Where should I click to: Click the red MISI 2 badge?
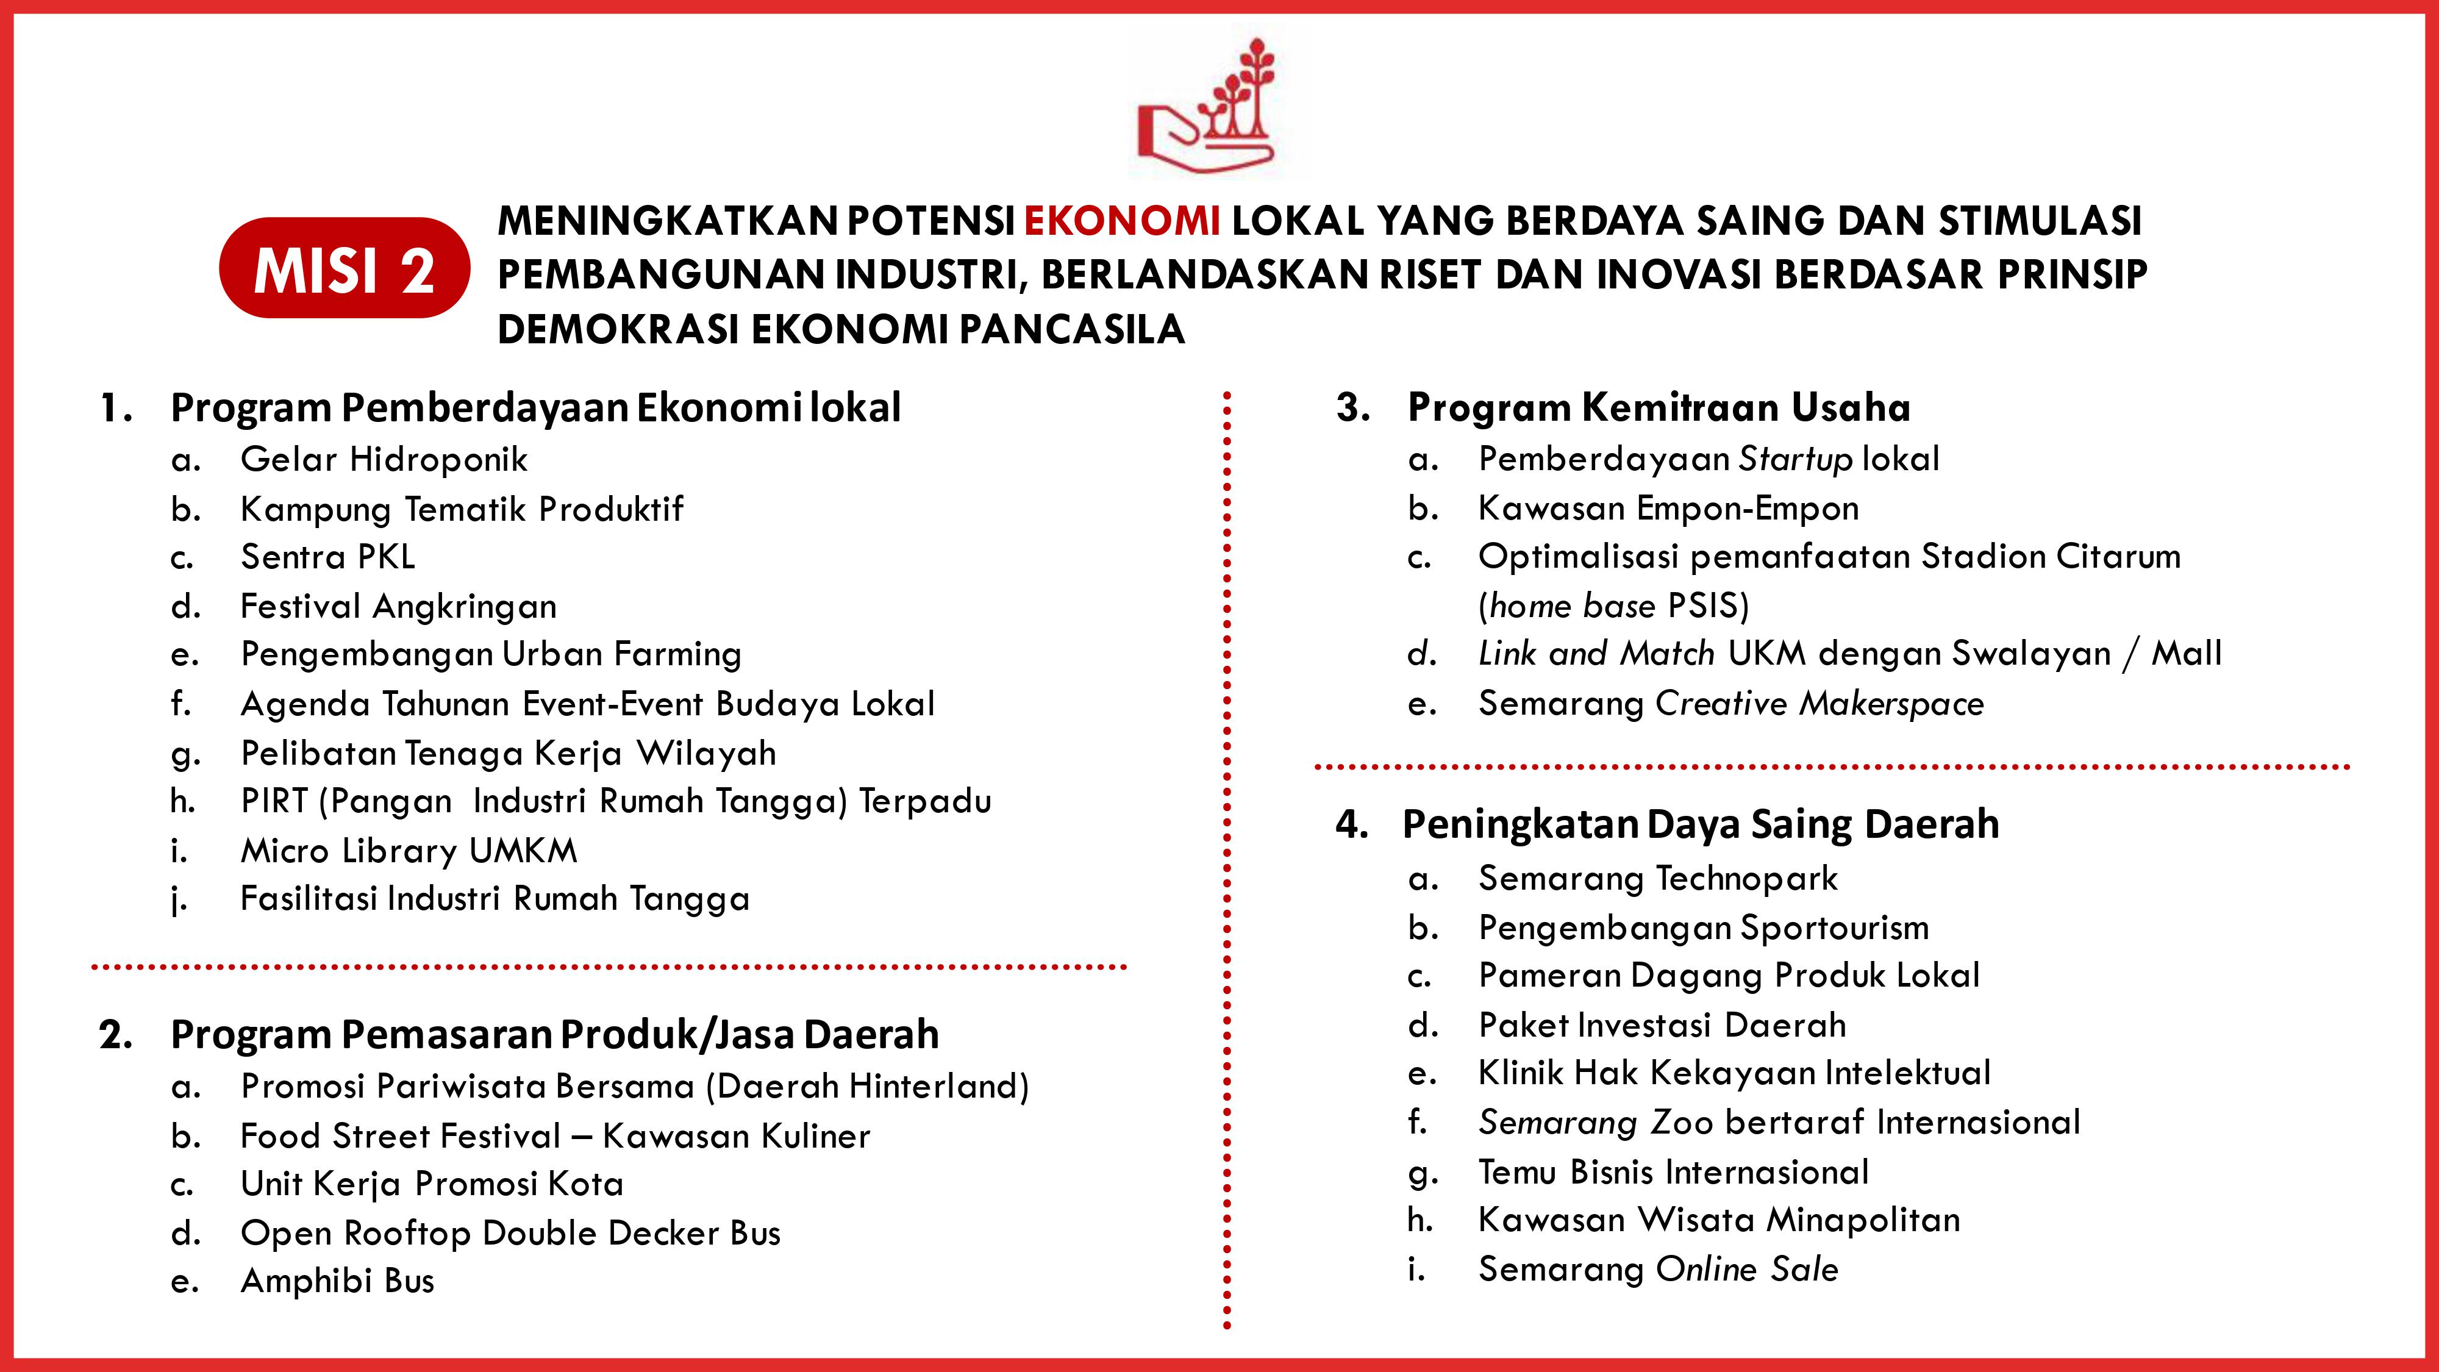(x=344, y=269)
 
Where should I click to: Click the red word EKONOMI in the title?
(x=1122, y=221)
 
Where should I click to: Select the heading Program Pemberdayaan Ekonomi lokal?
(x=535, y=408)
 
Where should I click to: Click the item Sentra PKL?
(x=327, y=557)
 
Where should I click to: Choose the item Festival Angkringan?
(x=398, y=606)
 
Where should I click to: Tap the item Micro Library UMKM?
(x=408, y=850)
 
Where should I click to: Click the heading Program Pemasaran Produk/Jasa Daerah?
(x=554, y=1034)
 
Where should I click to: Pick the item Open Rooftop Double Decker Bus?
(x=510, y=1233)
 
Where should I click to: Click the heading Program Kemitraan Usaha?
(x=1658, y=408)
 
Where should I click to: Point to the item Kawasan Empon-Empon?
(x=1668, y=509)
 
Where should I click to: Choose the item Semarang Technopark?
(x=1657, y=879)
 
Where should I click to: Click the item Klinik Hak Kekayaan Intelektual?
(x=1734, y=1073)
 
